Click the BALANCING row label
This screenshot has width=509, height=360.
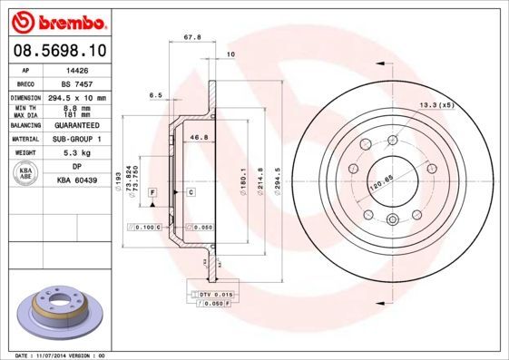click(x=26, y=125)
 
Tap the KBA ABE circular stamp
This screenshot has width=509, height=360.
click(x=26, y=173)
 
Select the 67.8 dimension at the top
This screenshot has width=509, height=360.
click(x=191, y=38)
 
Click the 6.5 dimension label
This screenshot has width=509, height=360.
click(x=155, y=94)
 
